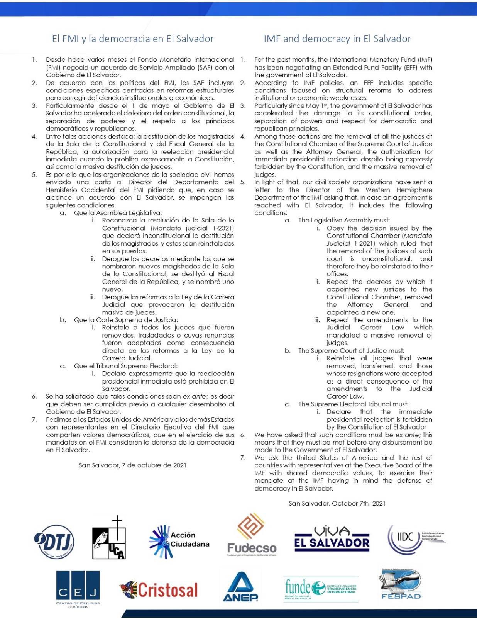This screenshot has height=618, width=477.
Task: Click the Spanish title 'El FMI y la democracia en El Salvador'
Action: click(133, 39)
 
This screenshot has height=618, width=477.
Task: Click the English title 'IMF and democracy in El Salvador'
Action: click(337, 39)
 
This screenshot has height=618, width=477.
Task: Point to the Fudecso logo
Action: click(252, 535)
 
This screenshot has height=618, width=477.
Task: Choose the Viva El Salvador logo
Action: click(332, 538)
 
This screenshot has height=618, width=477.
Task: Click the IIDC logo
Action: click(415, 538)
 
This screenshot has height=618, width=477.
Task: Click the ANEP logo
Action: click(240, 587)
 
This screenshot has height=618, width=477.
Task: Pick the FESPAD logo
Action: click(401, 583)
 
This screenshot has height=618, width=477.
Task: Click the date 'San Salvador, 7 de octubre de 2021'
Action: click(132, 465)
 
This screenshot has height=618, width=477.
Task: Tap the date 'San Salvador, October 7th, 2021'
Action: click(337, 503)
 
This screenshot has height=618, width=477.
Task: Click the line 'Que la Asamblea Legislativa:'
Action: click(118, 213)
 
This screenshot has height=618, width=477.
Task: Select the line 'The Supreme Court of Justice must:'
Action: click(351, 351)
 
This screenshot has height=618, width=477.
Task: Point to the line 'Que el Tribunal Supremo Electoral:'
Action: click(125, 366)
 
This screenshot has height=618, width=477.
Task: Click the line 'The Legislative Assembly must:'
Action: click(344, 221)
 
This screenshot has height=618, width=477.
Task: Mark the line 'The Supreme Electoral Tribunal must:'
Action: click(353, 404)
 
